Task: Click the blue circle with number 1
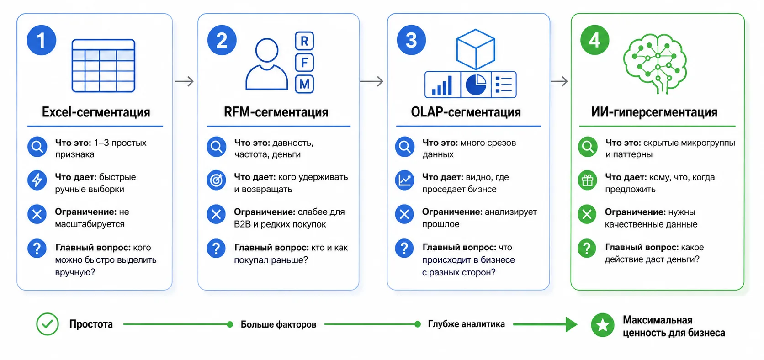(42, 40)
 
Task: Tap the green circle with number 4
(594, 40)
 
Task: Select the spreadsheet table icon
(103, 66)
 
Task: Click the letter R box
(304, 41)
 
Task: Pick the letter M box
(304, 84)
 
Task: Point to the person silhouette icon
(267, 64)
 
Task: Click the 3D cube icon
(476, 49)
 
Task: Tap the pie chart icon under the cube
(476, 85)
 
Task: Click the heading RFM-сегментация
(276, 112)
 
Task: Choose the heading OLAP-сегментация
(466, 112)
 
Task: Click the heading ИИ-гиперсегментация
(654, 112)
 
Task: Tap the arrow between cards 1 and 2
(185, 81)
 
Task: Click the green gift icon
(587, 180)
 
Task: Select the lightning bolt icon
(37, 180)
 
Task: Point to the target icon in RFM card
(216, 180)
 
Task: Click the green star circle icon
(603, 325)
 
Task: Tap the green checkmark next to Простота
(48, 324)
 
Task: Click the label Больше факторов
(278, 324)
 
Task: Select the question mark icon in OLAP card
(404, 248)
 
